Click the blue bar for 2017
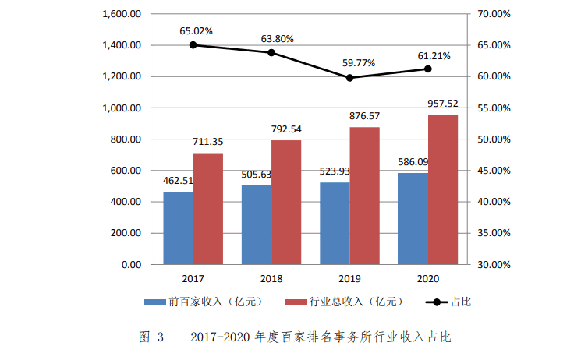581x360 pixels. click(178, 228)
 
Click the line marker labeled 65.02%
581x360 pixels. click(193, 44)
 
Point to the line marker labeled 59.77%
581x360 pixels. click(349, 78)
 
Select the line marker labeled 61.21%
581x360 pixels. click(428, 69)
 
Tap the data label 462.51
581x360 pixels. click(178, 181)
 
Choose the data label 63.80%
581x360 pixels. click(274, 37)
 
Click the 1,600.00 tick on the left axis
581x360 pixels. click(121, 14)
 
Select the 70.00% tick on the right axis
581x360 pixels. click(493, 14)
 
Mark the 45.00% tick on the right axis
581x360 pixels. click(493, 171)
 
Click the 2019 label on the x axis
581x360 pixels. click(349, 278)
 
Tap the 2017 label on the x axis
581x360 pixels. click(193, 278)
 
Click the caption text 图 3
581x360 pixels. click(151, 337)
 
